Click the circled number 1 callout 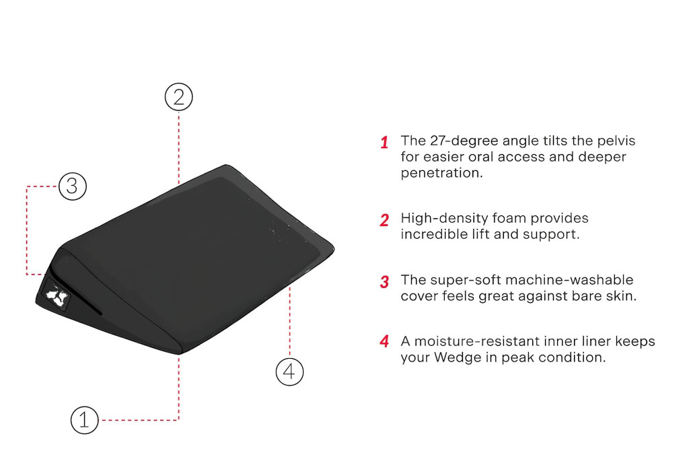[x=84, y=420]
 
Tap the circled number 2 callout [x=179, y=97]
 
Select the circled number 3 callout [x=73, y=186]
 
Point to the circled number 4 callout [x=289, y=372]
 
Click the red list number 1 [x=384, y=143]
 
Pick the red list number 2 [x=384, y=220]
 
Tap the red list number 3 [x=384, y=281]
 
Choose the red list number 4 [x=384, y=341]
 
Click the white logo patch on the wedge [x=57, y=295]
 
